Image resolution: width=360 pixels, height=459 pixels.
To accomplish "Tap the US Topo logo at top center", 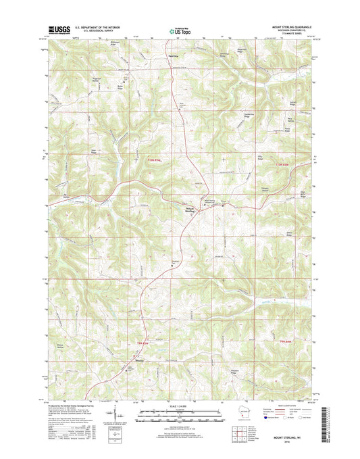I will tap(179, 29).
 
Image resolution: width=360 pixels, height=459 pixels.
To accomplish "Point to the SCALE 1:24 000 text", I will tap(180, 408).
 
